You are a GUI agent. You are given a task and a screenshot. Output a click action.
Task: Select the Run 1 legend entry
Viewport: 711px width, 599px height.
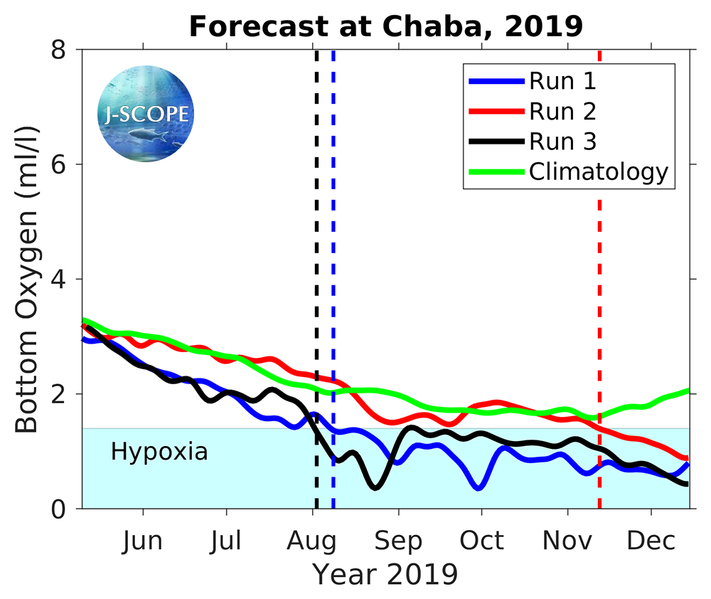pyautogui.click(x=562, y=80)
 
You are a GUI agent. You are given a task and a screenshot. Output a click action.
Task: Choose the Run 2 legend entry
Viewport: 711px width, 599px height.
pyautogui.click(x=562, y=111)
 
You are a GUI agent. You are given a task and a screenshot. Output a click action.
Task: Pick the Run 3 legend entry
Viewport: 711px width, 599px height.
pyautogui.click(x=562, y=142)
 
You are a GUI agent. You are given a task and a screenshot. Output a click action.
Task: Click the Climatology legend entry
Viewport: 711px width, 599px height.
pyautogui.click(x=598, y=171)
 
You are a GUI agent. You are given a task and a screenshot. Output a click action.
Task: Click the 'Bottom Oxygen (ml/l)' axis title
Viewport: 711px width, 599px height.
pyautogui.click(x=26, y=279)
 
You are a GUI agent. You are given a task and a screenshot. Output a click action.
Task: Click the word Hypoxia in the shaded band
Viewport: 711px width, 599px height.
pyautogui.click(x=159, y=451)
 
